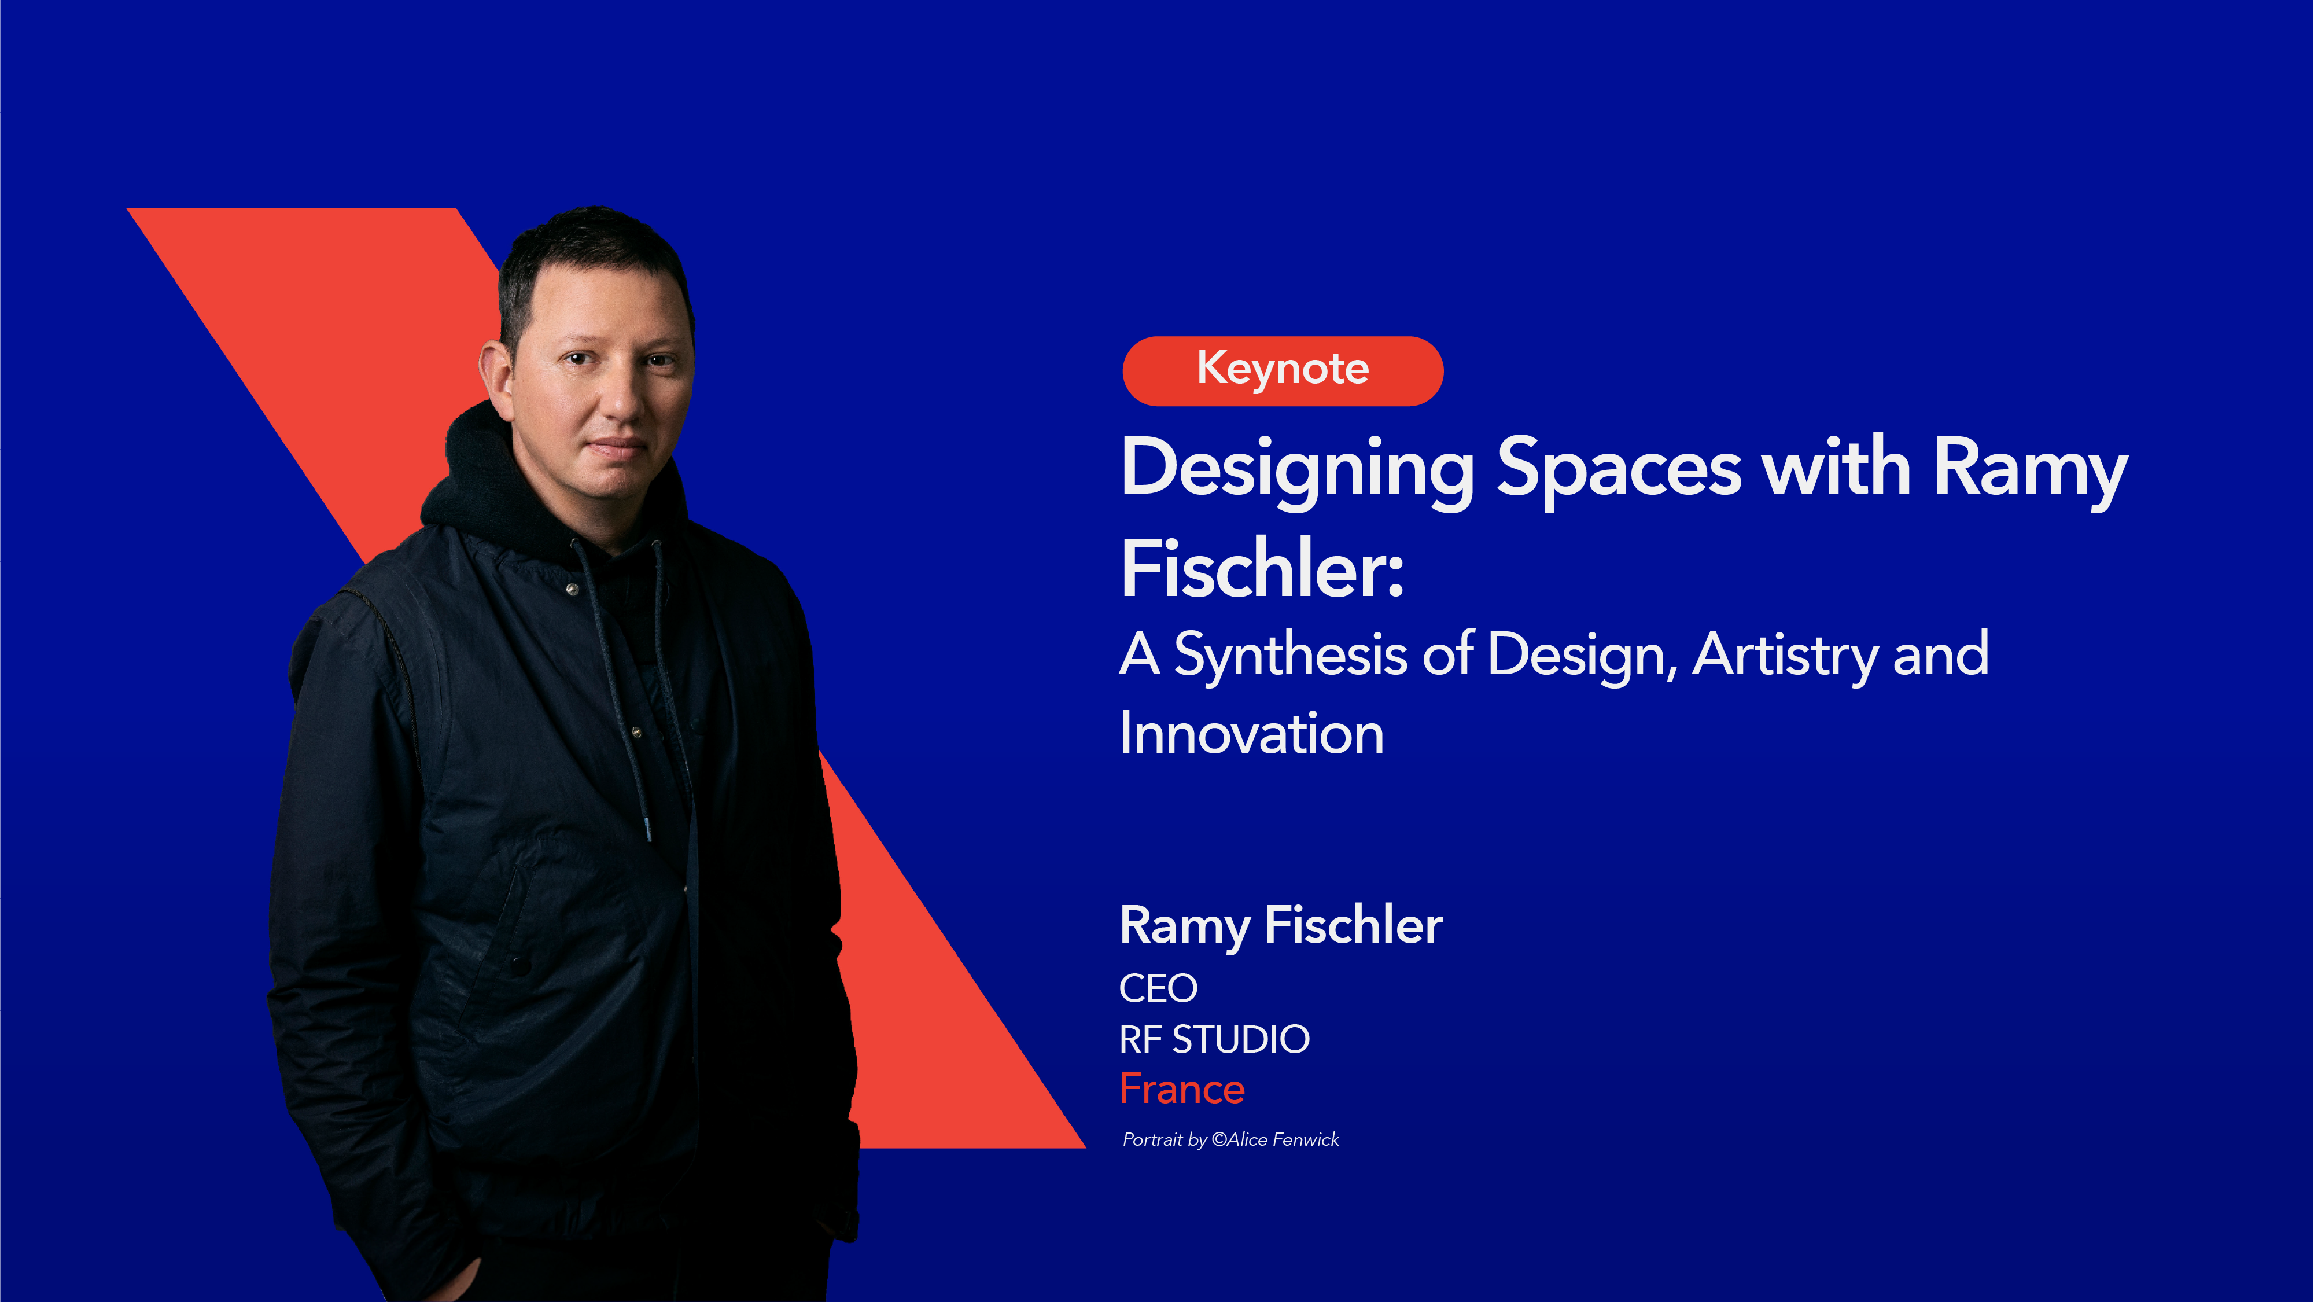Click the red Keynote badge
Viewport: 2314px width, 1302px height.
pyautogui.click(x=1282, y=370)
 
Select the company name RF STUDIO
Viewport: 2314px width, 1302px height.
pyautogui.click(x=1214, y=1040)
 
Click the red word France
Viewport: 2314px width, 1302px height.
pyautogui.click(x=1181, y=1089)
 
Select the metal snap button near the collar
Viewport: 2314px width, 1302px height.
pyautogui.click(x=572, y=589)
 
